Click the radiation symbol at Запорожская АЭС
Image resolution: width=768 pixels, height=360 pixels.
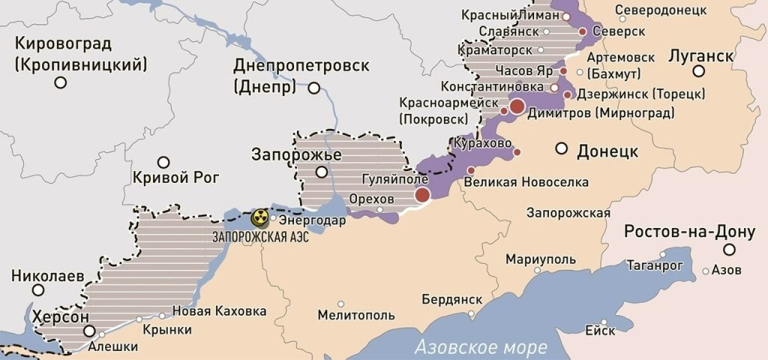pos(260,218)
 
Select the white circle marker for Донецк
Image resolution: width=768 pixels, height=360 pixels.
pos(561,148)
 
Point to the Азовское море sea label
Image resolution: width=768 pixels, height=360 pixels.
pos(481,347)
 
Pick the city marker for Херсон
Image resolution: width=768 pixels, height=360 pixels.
pos(90,331)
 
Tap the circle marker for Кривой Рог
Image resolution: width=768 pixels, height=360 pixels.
pos(163,162)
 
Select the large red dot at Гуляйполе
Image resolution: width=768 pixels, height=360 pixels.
pos(422,195)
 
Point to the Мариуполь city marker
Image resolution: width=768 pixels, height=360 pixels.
pos(537,270)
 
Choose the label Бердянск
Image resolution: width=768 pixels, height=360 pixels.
pos(451,298)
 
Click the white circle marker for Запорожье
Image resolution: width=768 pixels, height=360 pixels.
pos(322,172)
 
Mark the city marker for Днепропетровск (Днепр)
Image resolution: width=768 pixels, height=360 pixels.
pos(314,88)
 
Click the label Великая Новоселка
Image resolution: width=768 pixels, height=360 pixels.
pos(526,182)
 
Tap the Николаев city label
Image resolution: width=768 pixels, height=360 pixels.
pos(47,276)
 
